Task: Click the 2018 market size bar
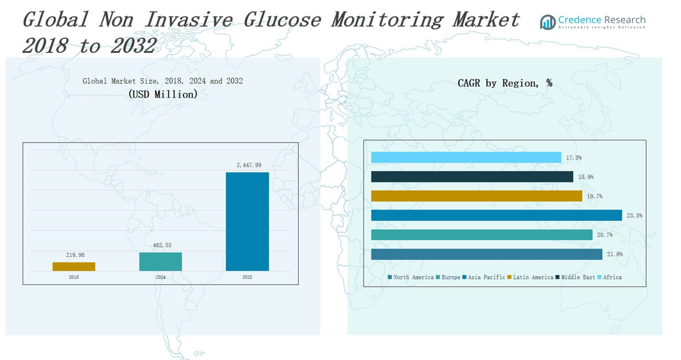point(73,267)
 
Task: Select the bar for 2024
point(160,261)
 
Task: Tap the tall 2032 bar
point(247,222)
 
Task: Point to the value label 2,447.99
point(249,165)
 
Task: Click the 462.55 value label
point(161,245)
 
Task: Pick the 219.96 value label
point(75,255)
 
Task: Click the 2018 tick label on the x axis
point(73,278)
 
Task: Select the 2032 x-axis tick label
point(247,278)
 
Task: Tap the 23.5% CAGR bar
point(496,216)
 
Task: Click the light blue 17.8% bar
point(466,158)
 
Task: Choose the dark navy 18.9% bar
point(472,177)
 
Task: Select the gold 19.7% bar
point(476,196)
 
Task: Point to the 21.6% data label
point(615,255)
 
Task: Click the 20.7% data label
point(605,235)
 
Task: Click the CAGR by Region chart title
point(505,84)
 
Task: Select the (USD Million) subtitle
point(163,95)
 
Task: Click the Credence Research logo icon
point(547,22)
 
